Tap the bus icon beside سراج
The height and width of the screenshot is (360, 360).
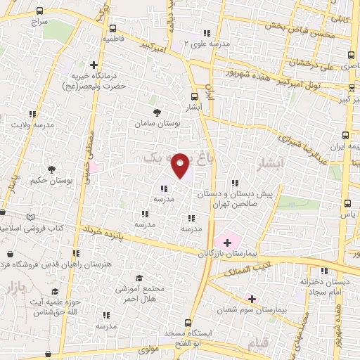click(x=39, y=12)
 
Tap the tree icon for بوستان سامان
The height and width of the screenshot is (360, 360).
click(x=156, y=112)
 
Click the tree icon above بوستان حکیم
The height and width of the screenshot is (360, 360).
click(x=51, y=169)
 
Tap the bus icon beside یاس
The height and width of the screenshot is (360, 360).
click(x=347, y=203)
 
